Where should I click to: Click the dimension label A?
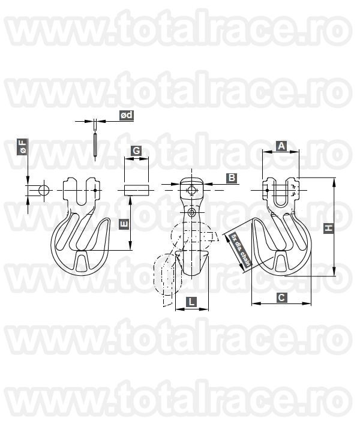coord(280,145)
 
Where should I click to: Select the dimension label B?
coord(232,178)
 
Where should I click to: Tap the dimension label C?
coord(280,296)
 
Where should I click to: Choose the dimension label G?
coord(136,151)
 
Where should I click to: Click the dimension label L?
coord(190,303)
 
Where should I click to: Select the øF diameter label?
coord(22,147)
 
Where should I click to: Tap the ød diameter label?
coord(126,115)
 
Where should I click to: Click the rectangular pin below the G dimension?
coord(136,190)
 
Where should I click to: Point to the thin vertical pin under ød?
coord(96,144)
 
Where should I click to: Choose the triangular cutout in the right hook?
coord(281,261)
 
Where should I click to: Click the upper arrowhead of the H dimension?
coord(333,180)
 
